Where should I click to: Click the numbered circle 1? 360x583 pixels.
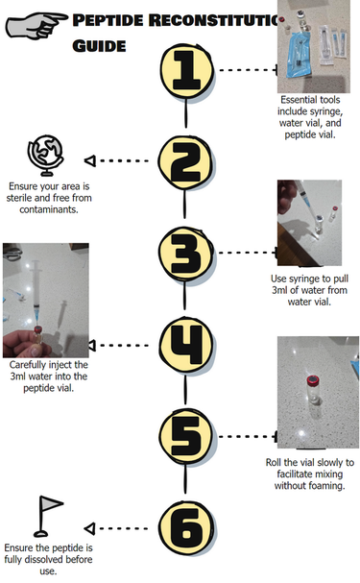click(x=186, y=71)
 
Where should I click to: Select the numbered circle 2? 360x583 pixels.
click(x=185, y=163)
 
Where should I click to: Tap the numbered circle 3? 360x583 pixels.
click(x=185, y=254)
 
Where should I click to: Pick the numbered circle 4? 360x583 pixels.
click(x=186, y=345)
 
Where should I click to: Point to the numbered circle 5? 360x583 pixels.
click(x=186, y=436)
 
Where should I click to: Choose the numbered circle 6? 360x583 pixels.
click(x=186, y=528)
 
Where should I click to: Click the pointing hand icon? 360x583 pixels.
click(x=36, y=25)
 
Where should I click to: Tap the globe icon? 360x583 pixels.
click(x=46, y=156)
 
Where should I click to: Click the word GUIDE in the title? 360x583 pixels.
click(x=99, y=46)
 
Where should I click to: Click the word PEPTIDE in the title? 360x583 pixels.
click(x=108, y=20)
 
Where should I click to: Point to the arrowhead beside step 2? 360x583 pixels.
click(x=90, y=161)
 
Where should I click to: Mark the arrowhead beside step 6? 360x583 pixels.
click(x=89, y=528)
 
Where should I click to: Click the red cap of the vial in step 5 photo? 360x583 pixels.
click(x=313, y=380)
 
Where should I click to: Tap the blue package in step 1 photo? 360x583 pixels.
click(x=298, y=55)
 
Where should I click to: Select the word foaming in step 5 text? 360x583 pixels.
click(x=327, y=486)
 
